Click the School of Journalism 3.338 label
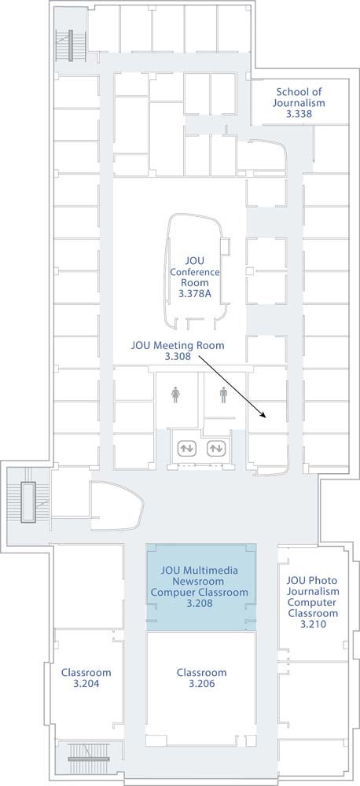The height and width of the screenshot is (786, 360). tap(299, 103)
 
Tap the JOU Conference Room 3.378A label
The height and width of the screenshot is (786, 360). tap(194, 277)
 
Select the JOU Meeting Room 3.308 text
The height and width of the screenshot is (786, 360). tap(178, 351)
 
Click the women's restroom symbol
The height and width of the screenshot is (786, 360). tap(175, 395)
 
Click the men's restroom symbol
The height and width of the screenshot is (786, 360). tap(223, 395)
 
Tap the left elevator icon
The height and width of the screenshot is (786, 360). tap(186, 448)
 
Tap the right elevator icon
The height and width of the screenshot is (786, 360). tap(215, 448)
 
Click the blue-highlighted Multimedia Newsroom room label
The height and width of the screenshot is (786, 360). tap(200, 587)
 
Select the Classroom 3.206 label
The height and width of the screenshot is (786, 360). tap(201, 678)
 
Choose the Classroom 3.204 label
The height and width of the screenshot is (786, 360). tap(86, 678)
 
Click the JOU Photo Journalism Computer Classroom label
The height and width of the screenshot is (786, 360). tap(312, 602)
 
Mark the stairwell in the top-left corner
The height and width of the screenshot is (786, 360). tap(71, 46)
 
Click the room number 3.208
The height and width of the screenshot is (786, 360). tap(200, 604)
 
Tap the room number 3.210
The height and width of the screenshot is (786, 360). tap(312, 624)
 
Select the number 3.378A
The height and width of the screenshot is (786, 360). tap(194, 294)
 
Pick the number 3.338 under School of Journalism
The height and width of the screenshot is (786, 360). tap(299, 114)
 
